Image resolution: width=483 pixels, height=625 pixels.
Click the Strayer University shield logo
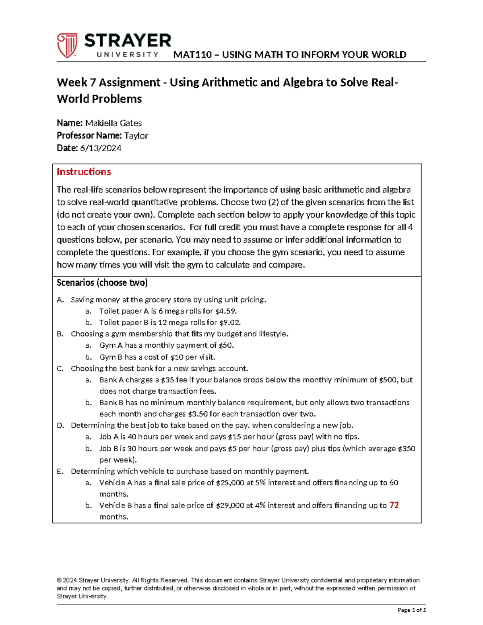coord(67,45)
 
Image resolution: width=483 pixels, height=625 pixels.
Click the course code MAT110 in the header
coord(192,55)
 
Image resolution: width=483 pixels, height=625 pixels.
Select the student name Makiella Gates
coord(113,123)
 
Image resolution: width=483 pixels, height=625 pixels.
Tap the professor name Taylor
coord(136,136)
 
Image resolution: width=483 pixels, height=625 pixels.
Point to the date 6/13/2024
coord(101,148)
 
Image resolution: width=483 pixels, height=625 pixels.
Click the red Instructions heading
coord(84,172)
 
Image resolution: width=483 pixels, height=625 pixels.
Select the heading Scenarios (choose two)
coord(102,283)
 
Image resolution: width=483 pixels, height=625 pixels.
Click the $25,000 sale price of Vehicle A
coord(230,483)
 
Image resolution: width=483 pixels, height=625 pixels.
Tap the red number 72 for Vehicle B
coord(394,505)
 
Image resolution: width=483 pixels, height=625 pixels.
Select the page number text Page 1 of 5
coord(411,610)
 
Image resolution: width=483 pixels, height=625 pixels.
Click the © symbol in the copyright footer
coord(59,580)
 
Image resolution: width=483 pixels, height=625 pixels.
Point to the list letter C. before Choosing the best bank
coord(60,369)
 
